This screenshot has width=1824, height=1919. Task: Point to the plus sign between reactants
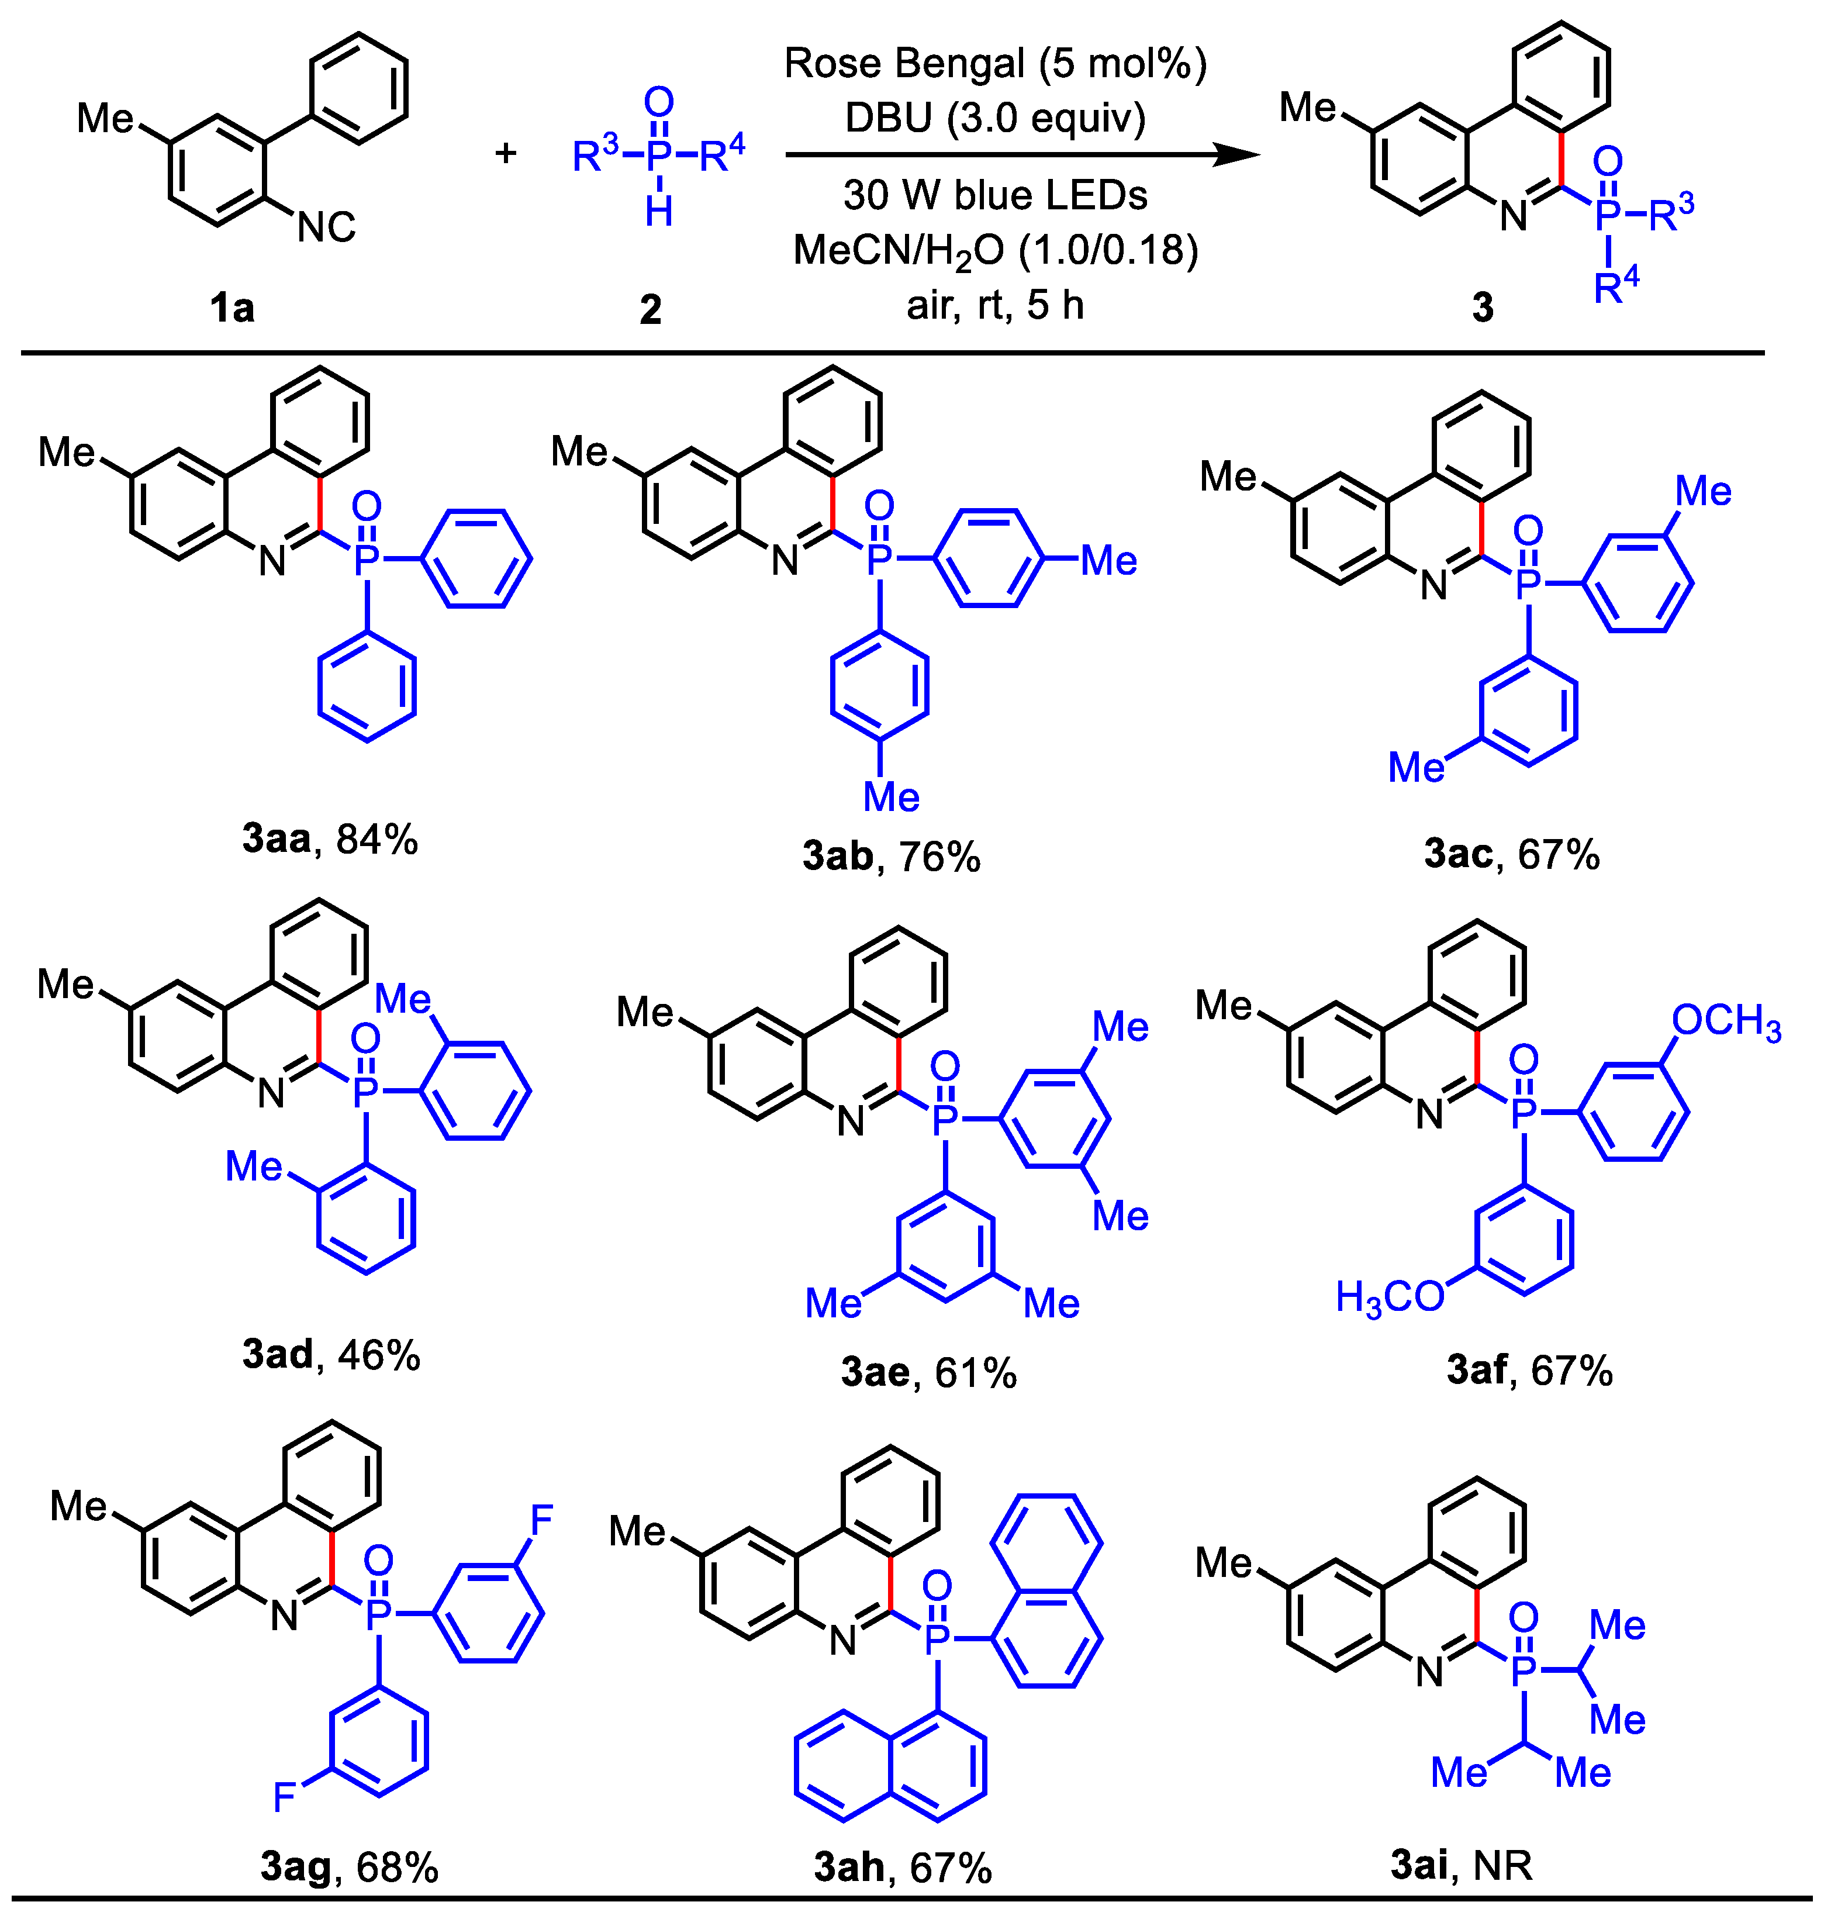(x=506, y=153)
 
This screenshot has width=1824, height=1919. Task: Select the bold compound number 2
(x=651, y=309)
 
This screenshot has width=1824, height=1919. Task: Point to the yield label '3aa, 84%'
(x=330, y=838)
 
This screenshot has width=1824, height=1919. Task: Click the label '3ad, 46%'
(x=330, y=1354)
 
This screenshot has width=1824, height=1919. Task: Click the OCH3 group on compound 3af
(x=1726, y=1021)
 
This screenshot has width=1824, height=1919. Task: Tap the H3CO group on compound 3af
(x=1390, y=1297)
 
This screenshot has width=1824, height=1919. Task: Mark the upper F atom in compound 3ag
(x=541, y=1518)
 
